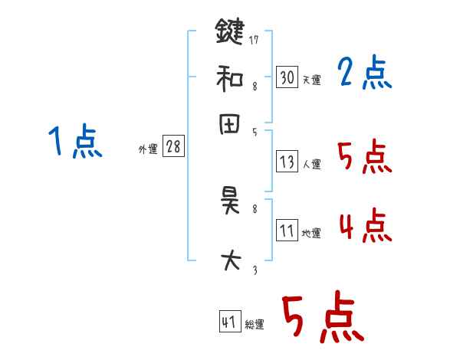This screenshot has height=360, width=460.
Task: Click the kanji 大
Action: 229,260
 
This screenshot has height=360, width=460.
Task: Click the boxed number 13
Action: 287,162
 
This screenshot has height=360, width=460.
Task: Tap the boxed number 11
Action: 287,231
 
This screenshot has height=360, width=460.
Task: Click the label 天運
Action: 311,80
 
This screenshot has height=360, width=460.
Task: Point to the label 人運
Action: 311,164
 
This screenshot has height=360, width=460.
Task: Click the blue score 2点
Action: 364,74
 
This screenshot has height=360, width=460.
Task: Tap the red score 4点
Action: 364,227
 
